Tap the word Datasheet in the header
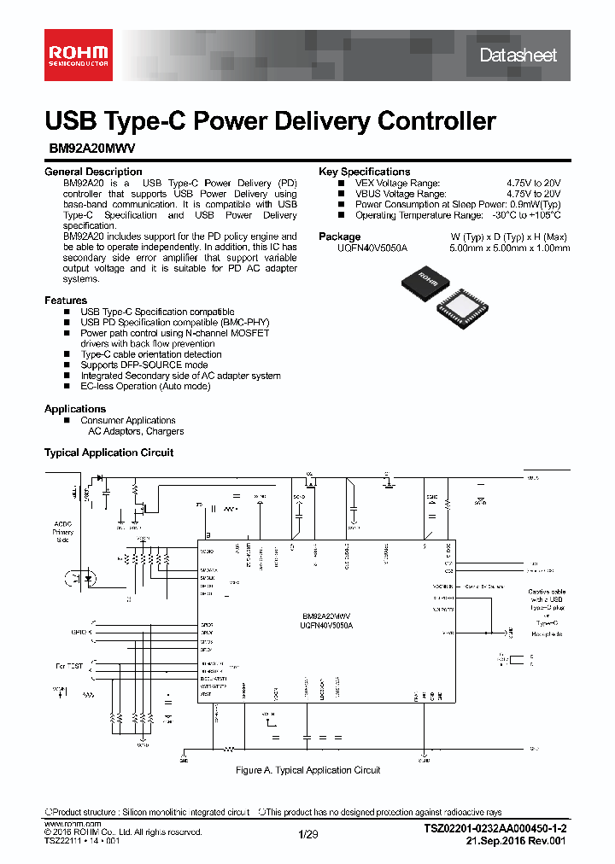(518, 55)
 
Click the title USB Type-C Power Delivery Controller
(270, 121)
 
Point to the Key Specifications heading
(364, 172)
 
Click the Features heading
(66, 301)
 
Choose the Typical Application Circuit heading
(108, 452)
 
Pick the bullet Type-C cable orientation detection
(151, 354)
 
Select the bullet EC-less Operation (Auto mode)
(145, 387)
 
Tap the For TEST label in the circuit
(72, 665)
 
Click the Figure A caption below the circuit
(307, 770)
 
